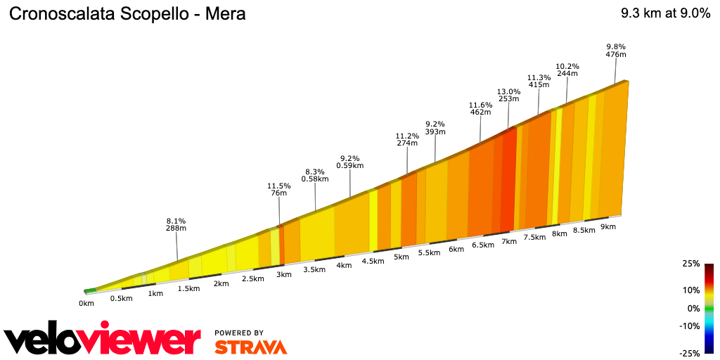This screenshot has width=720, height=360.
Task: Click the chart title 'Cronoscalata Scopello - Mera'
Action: pos(127,14)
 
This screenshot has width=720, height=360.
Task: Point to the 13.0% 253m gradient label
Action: pos(508,96)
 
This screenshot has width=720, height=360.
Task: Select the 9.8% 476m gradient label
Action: pos(615,51)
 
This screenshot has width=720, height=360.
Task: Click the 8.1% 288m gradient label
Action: pos(176,224)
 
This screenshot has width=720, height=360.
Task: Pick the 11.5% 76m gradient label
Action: pos(279,190)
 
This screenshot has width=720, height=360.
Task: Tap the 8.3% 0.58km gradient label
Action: pos(315,175)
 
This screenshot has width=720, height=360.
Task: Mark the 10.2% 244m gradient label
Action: pos(567,69)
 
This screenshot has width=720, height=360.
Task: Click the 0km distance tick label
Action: pos(86,304)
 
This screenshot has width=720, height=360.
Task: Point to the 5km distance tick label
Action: pos(401,257)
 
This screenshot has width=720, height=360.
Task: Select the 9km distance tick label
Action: pos(608,226)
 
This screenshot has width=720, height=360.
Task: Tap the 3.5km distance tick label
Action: pos(314,270)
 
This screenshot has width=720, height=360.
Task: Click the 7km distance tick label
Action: pos(509,241)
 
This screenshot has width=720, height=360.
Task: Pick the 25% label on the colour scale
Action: pos(690,264)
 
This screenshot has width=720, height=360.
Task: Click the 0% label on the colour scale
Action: pos(693,309)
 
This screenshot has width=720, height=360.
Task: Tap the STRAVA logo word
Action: pos(250,347)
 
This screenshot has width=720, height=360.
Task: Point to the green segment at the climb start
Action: pos(90,290)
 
